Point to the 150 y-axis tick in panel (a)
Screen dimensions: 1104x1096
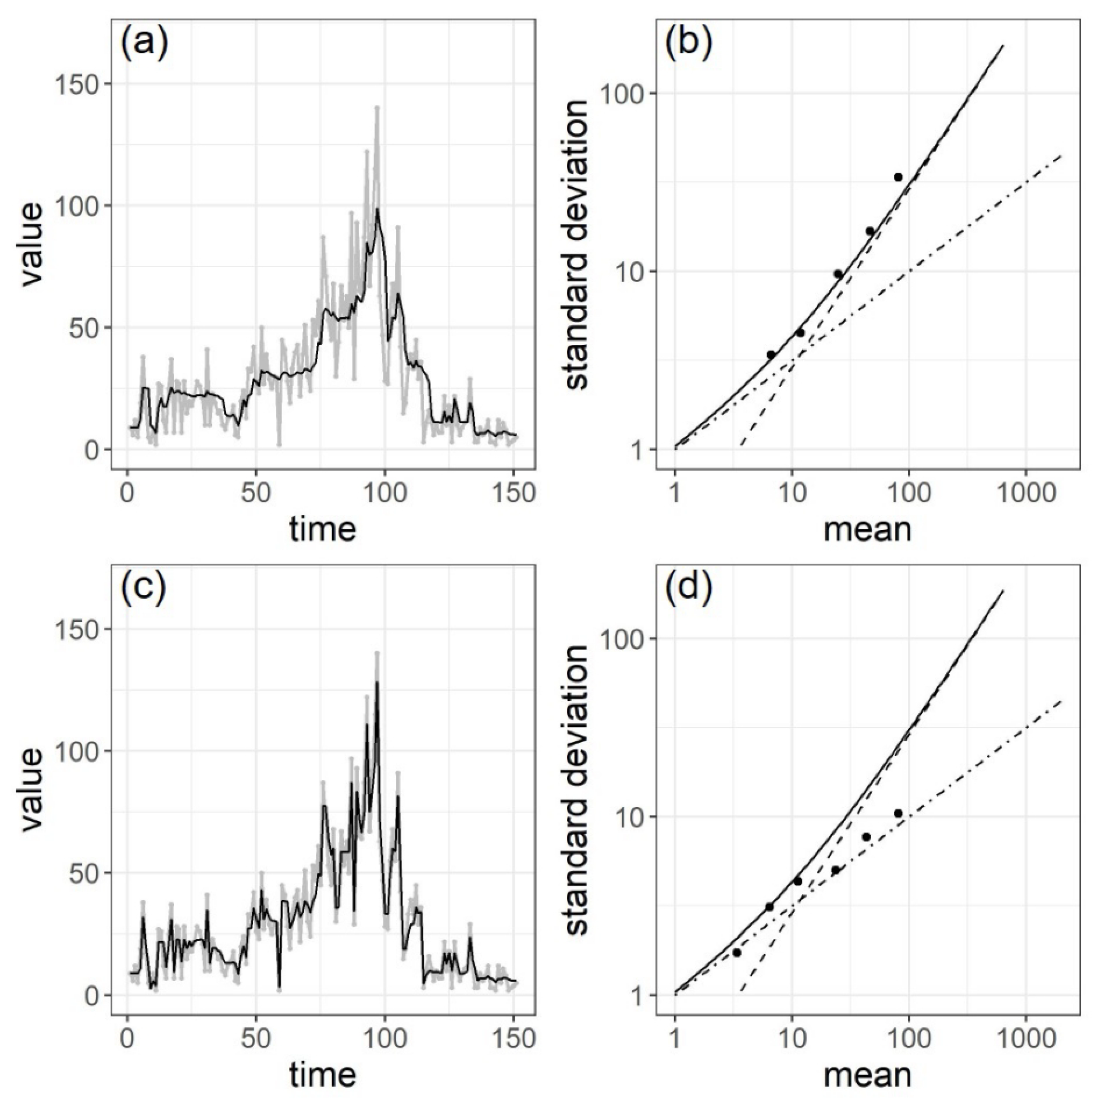click(82, 84)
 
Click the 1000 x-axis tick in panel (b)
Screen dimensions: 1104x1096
click(1026, 493)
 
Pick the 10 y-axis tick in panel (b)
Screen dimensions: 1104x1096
click(632, 271)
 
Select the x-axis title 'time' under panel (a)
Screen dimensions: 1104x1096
click(323, 529)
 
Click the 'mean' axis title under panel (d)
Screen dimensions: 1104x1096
click(867, 1074)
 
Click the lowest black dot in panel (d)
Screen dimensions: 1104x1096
click(737, 953)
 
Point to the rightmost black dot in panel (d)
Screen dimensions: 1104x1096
click(898, 813)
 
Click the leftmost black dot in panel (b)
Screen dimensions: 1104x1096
click(771, 354)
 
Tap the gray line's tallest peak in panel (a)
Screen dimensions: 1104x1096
click(377, 107)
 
